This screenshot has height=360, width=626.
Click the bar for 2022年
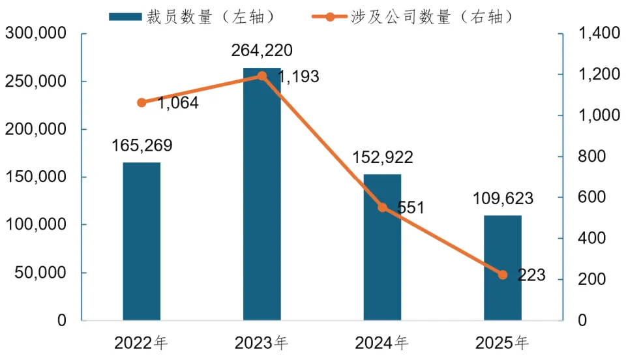tap(142, 241)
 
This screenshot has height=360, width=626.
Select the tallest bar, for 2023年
tap(262, 196)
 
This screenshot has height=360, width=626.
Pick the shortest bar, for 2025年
tap(503, 267)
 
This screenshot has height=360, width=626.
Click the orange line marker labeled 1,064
tap(142, 102)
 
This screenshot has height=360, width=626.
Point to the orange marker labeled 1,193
tap(262, 76)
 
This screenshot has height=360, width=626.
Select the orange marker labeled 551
tap(382, 207)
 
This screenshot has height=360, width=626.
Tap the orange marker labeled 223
tap(503, 275)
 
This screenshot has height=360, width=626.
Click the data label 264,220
tap(262, 50)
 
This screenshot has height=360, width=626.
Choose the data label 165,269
tap(142, 145)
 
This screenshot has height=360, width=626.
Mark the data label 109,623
tap(503, 198)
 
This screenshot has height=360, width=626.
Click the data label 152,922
tap(382, 158)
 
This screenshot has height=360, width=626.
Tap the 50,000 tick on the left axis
tap(40, 273)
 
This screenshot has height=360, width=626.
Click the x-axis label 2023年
tap(262, 342)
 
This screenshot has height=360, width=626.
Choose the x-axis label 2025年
tap(503, 342)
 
